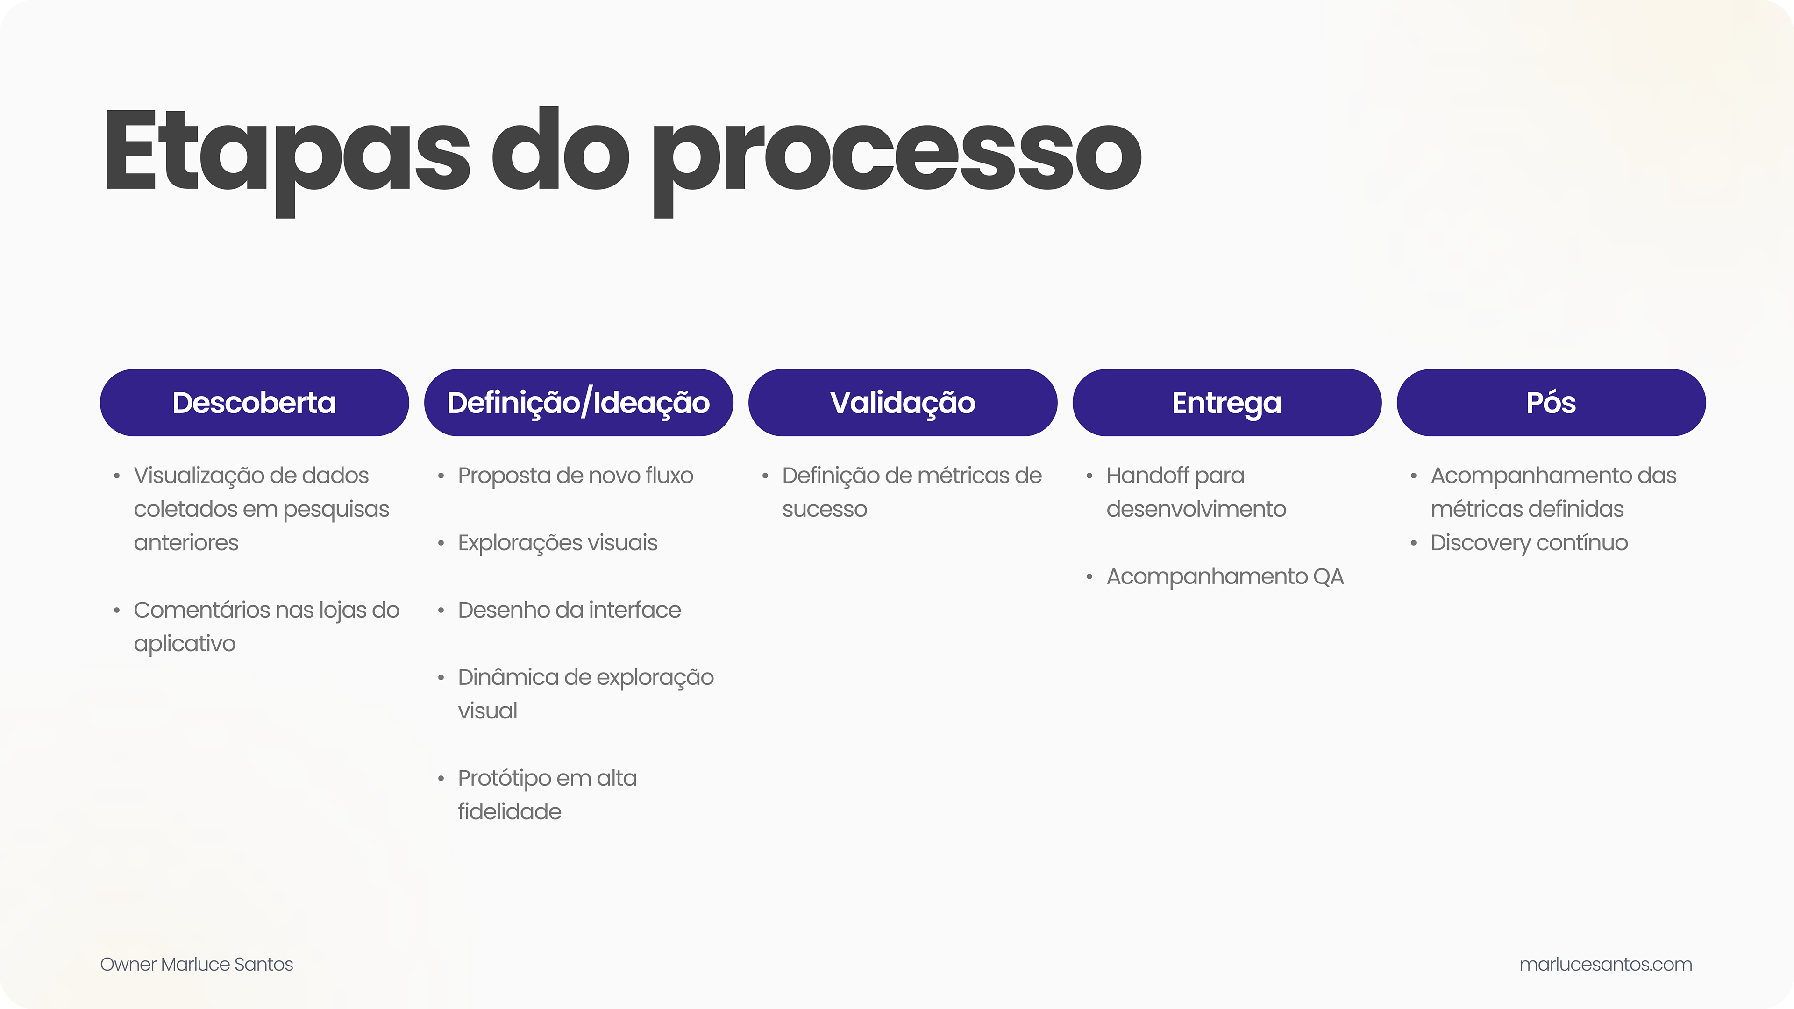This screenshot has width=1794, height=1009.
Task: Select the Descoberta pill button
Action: pos(254,403)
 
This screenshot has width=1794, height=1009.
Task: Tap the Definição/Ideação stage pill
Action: pos(578,403)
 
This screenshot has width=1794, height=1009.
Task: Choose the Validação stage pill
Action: pos(903,403)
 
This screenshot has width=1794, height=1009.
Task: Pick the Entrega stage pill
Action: pos(1226,403)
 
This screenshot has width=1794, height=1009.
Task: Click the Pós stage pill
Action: pos(1551,403)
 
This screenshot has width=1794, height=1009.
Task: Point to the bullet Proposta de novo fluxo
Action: pos(575,476)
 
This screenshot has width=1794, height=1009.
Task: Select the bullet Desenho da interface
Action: pos(569,610)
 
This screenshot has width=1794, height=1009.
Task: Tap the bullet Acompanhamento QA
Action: pos(1224,576)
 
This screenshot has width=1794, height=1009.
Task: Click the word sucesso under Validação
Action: pos(825,509)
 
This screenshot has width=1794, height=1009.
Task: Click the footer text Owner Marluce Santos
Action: pos(196,965)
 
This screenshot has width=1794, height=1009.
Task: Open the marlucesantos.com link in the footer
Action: pos(1605,965)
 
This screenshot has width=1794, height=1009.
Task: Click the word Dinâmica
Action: pos(507,677)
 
